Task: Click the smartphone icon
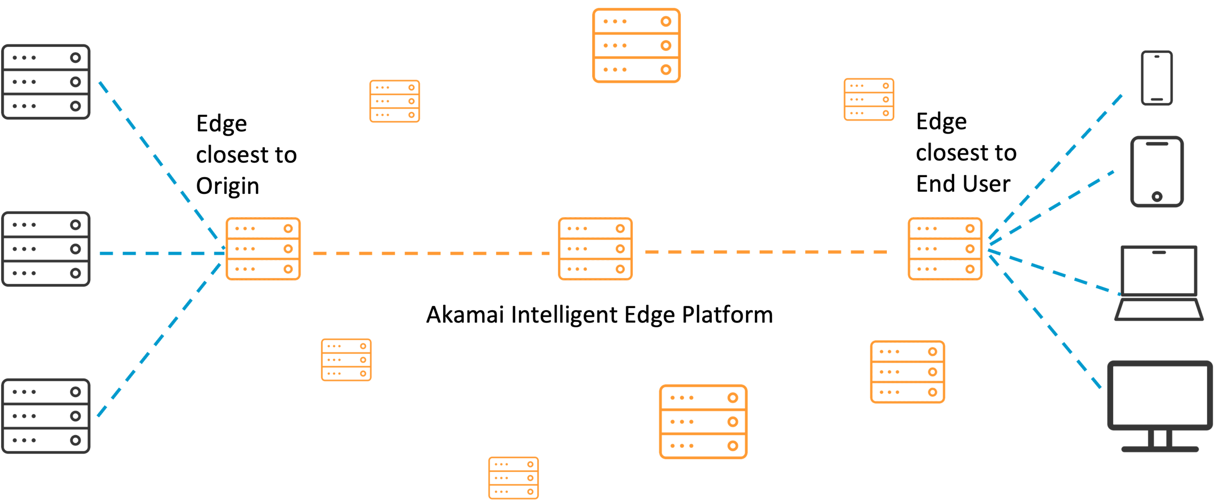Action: pyautogui.click(x=1156, y=78)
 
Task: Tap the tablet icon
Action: pyautogui.click(x=1156, y=171)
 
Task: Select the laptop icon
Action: pyautogui.click(x=1159, y=283)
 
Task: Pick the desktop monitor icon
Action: pyautogui.click(x=1160, y=395)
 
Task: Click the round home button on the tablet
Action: pyautogui.click(x=1156, y=196)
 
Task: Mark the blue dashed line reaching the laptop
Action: pyautogui.click(x=1054, y=272)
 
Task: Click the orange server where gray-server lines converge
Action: pyautogui.click(x=263, y=249)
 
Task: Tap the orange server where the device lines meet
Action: pyautogui.click(x=945, y=249)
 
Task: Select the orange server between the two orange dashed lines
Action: pyautogui.click(x=595, y=249)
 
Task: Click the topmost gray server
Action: pyautogui.click(x=46, y=82)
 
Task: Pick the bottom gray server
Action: pyautogui.click(x=46, y=416)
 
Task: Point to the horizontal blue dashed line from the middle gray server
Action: pyautogui.click(x=160, y=253)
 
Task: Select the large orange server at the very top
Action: pyautogui.click(x=636, y=45)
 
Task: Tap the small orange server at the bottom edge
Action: pyautogui.click(x=513, y=478)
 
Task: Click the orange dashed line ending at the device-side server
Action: pyautogui.click(x=766, y=251)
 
